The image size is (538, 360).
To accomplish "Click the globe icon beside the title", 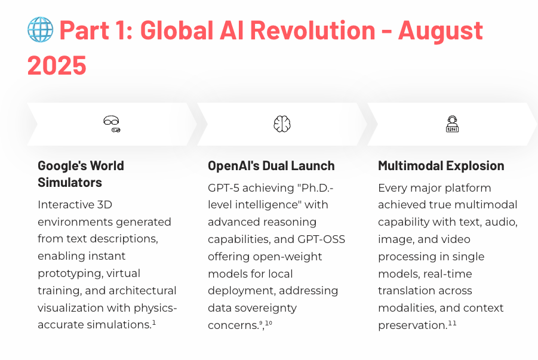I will pos(40,29).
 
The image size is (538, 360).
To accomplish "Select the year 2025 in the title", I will pos(57,65).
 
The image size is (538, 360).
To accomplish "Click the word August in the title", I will pos(440,30).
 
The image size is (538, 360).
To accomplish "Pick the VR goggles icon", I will pos(112,124).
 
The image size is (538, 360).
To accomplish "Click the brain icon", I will pos(282,124).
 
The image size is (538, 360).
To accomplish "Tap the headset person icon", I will pos(452,124).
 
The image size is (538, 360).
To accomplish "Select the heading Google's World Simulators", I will pos(81,174).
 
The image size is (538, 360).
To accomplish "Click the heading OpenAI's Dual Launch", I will pos(271,165).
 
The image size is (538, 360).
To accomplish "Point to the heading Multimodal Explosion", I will pos(441,165).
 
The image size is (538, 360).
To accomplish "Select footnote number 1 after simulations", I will pos(153,323).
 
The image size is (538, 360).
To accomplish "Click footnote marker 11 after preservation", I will pos(452,323).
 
